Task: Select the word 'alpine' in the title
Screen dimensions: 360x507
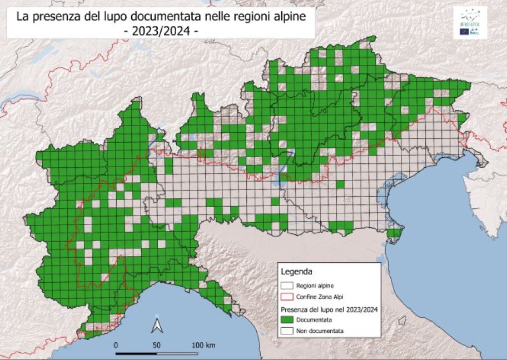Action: coord(290,17)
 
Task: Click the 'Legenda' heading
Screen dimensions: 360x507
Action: coord(297,272)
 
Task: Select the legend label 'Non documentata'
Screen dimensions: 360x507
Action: coord(320,331)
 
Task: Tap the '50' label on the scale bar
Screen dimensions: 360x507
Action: coord(157,345)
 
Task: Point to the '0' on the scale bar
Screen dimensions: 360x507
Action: coord(116,345)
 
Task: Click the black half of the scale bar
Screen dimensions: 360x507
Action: coord(136,353)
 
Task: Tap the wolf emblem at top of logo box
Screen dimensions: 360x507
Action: coord(470,15)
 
